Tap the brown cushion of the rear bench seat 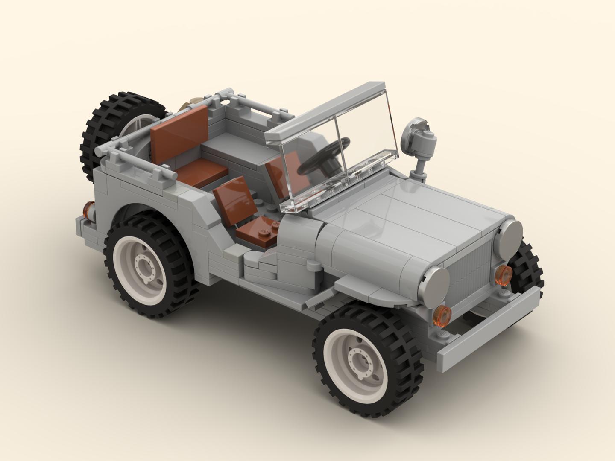point(201,173)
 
